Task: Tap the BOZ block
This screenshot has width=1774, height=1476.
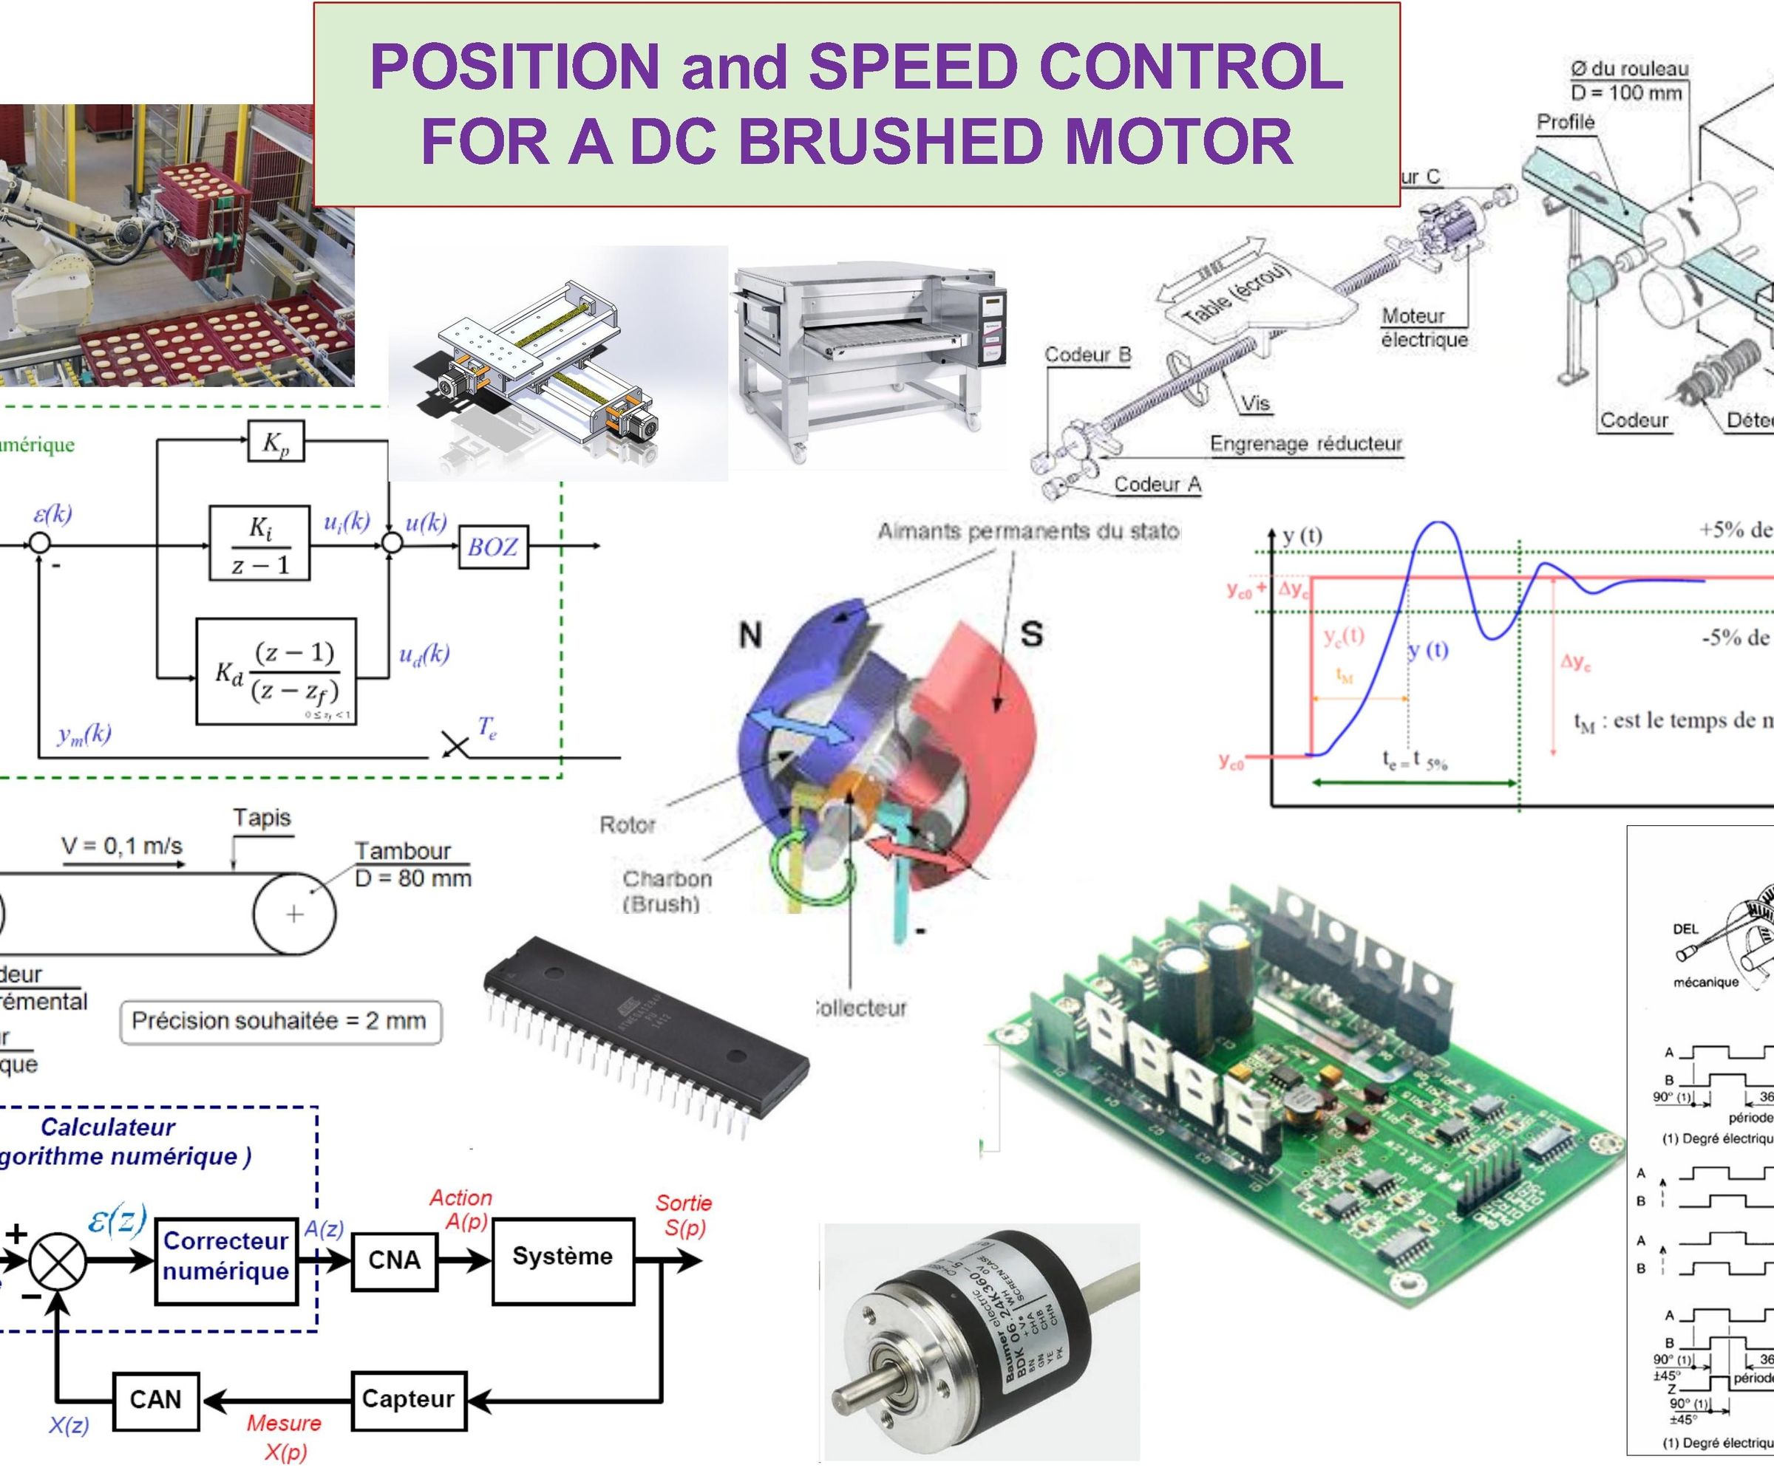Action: pos(492,547)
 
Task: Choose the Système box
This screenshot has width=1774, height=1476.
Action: pos(562,1257)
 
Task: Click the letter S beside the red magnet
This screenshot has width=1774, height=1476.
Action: pos(1031,633)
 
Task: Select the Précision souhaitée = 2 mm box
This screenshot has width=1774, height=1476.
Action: pos(280,1021)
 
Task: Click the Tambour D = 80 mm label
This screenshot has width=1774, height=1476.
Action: pos(412,864)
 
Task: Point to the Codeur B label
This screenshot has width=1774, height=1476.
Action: pos(1087,355)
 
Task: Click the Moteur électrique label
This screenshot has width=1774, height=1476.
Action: pos(1424,327)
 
